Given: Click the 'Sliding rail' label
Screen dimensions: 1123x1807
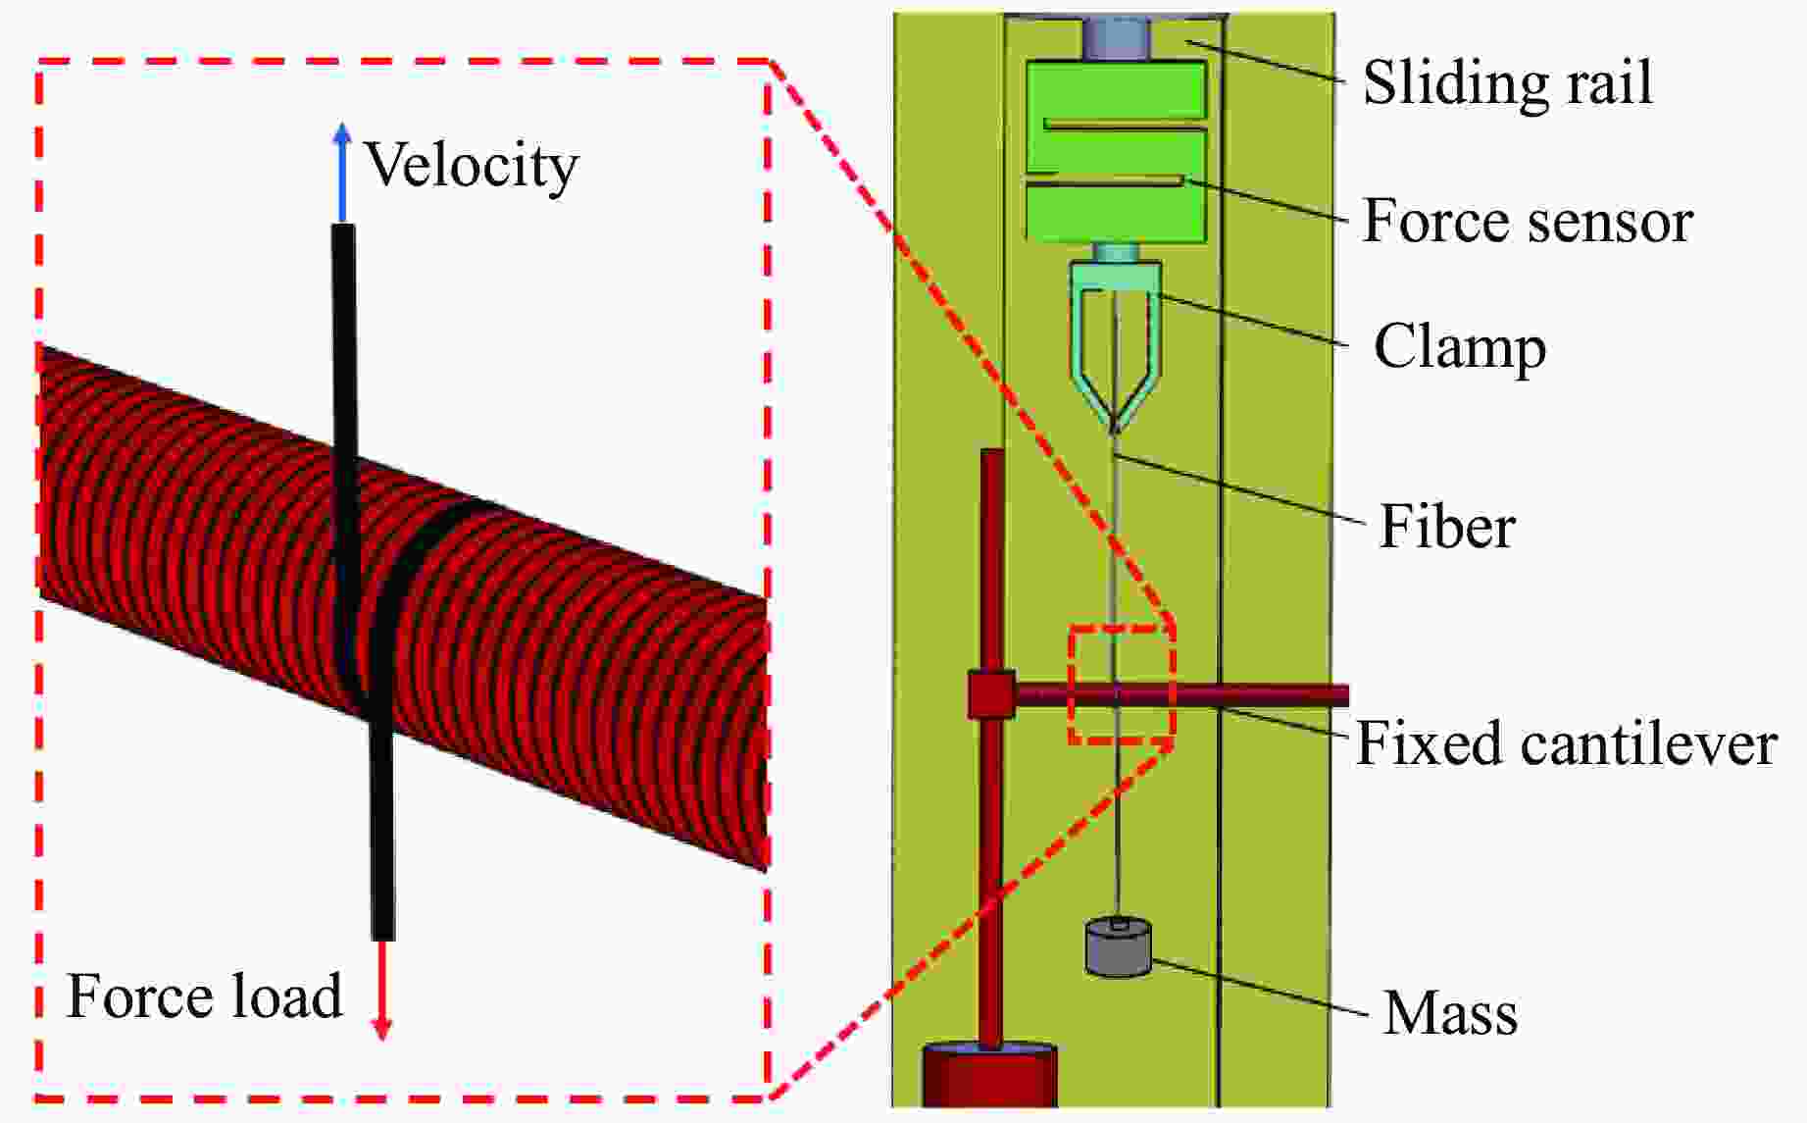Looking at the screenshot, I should tap(1507, 82).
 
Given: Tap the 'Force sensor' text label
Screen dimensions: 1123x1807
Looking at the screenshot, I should tap(1528, 222).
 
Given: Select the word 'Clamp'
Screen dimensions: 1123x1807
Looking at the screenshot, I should tap(1459, 347).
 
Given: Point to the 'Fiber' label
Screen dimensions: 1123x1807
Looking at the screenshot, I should tap(1446, 527).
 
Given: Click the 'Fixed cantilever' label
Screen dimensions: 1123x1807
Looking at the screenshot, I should tap(1566, 743).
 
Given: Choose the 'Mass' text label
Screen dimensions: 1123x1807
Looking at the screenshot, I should tap(1449, 1013).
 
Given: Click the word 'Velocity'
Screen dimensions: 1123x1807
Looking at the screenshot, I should tap(472, 165).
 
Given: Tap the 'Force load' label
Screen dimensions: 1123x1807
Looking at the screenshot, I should tap(204, 996).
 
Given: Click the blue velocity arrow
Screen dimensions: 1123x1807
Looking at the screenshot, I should tap(341, 172).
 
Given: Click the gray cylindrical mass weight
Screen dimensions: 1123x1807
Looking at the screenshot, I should tap(1118, 947).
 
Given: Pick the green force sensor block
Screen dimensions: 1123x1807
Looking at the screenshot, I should tap(1115, 151).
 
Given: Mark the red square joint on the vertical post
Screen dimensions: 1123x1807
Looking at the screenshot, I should tap(991, 695).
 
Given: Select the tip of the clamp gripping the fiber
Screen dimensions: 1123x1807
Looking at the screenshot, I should tap(1116, 425).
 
